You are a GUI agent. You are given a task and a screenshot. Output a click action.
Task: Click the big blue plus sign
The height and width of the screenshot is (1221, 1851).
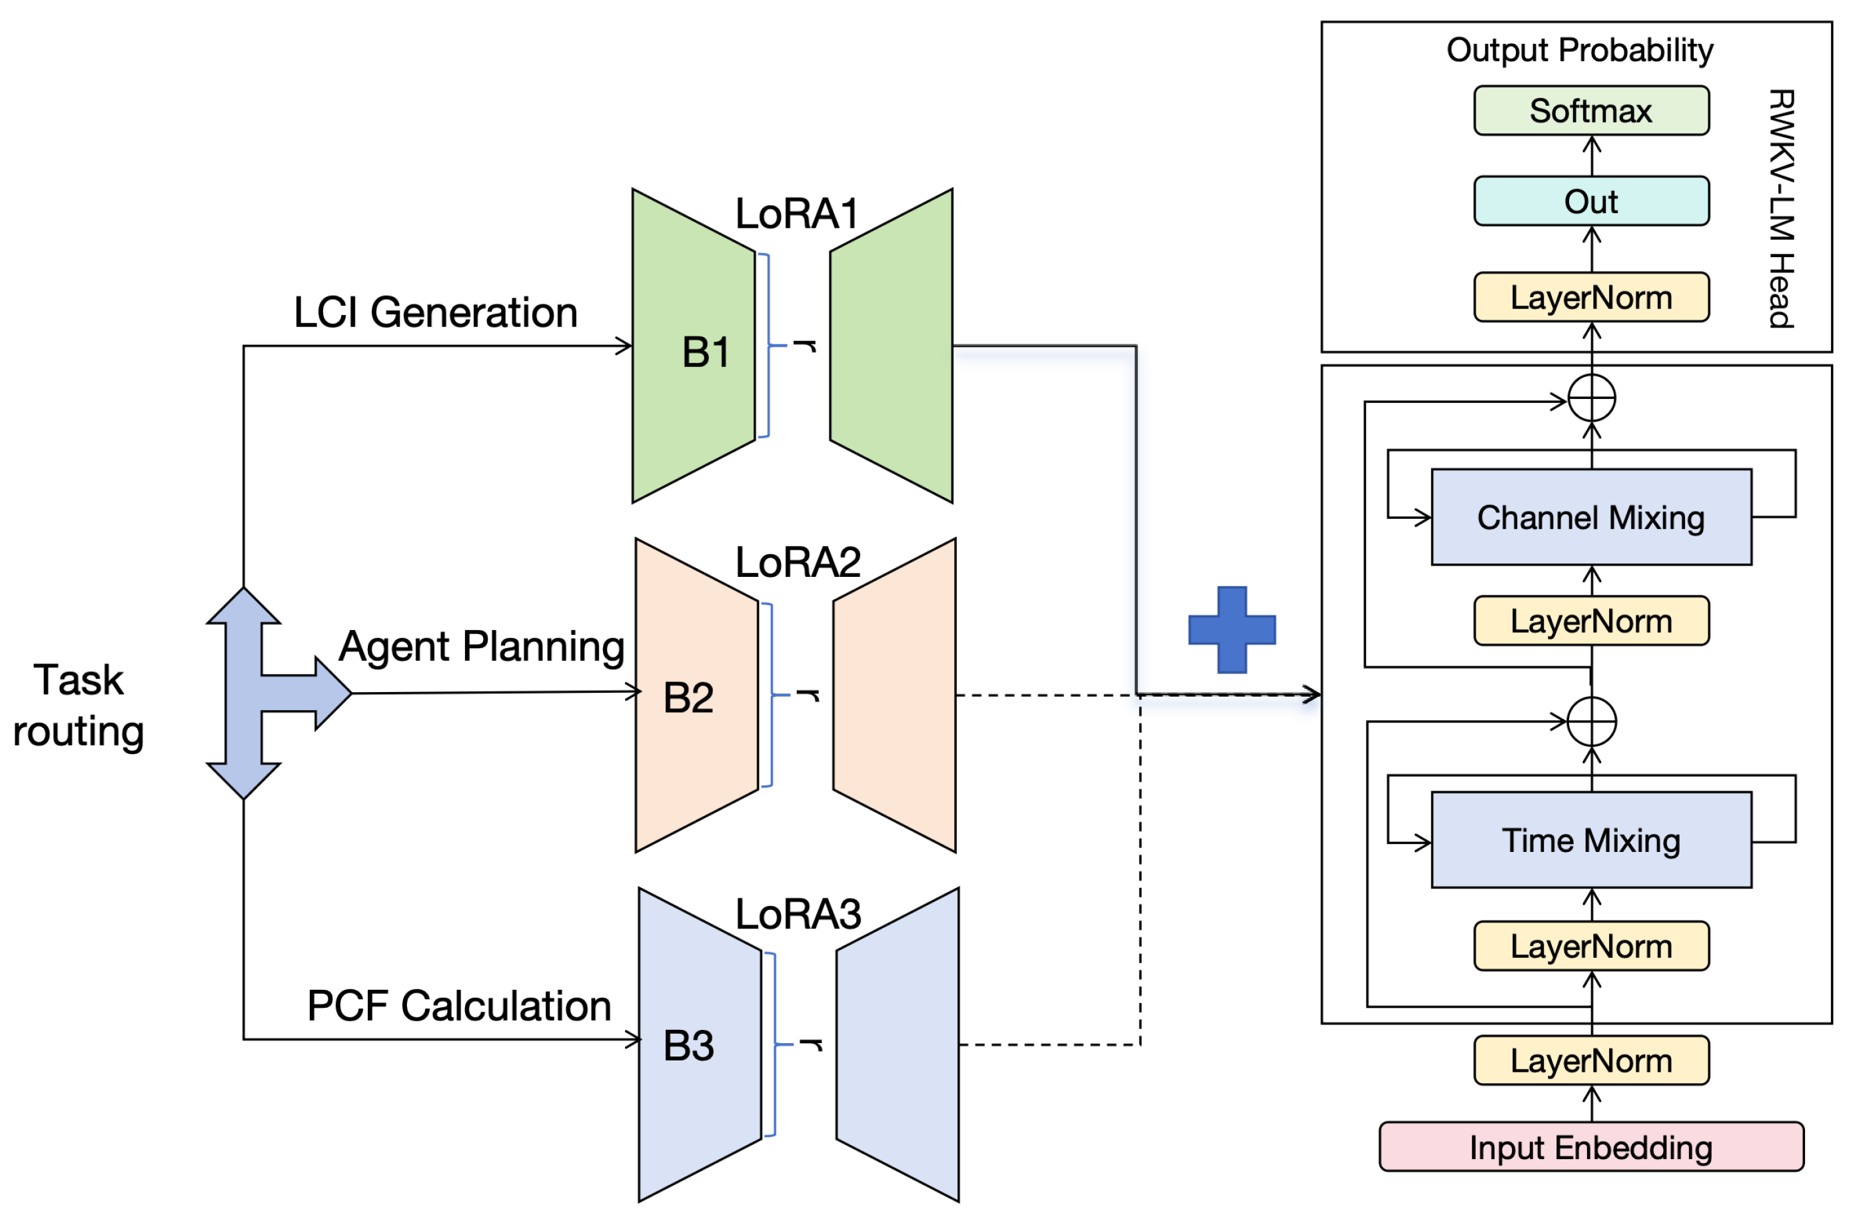click(1231, 629)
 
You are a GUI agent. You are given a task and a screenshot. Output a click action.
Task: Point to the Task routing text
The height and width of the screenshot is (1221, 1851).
click(79, 705)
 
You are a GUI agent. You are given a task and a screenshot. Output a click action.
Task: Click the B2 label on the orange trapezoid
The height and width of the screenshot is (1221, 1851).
click(688, 697)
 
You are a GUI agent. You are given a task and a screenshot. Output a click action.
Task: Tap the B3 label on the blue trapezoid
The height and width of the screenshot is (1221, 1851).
click(688, 1045)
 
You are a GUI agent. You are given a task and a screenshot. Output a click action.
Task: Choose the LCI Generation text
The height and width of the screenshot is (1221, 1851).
click(435, 312)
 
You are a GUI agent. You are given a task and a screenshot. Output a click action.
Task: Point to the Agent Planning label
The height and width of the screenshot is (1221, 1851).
click(481, 646)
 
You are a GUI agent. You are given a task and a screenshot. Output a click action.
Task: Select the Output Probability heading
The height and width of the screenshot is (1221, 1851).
click(1579, 50)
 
